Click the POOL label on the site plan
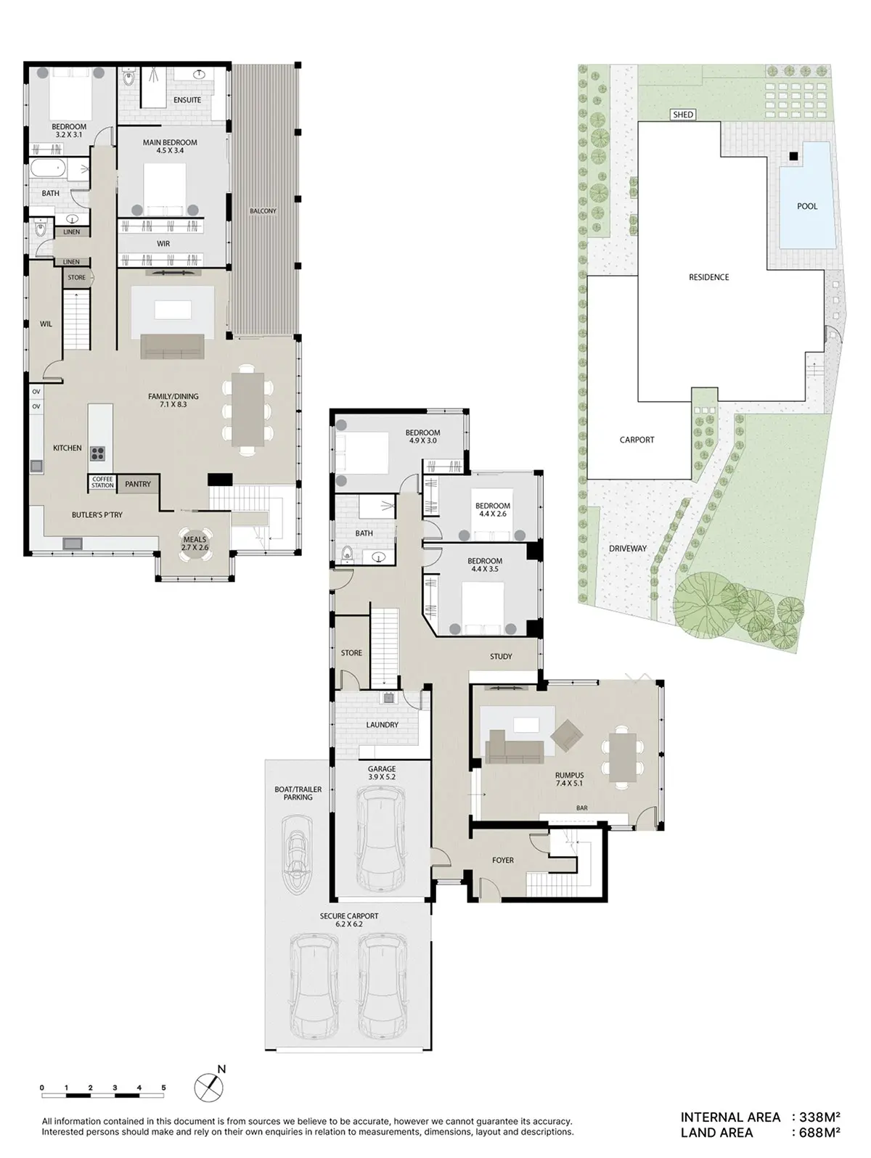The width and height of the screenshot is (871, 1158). (806, 206)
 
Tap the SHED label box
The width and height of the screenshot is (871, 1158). (683, 115)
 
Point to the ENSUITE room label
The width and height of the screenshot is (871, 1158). (187, 99)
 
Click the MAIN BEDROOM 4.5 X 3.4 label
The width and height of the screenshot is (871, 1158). (170, 146)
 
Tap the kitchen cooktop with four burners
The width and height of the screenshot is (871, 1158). (97, 453)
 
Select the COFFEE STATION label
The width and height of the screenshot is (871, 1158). (102, 482)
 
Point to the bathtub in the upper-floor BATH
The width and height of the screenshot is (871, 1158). (47, 169)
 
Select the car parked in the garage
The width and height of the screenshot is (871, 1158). (381, 838)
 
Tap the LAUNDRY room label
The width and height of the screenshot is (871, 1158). (382, 725)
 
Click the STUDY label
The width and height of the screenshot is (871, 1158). (501, 657)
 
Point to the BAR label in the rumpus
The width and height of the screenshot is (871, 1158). (582, 808)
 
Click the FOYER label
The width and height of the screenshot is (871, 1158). (503, 860)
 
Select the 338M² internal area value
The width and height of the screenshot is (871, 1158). (819, 1117)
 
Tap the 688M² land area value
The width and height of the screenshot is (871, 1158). (819, 1133)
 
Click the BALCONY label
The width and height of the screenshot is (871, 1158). (263, 211)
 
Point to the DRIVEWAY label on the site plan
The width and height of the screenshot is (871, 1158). (628, 549)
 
